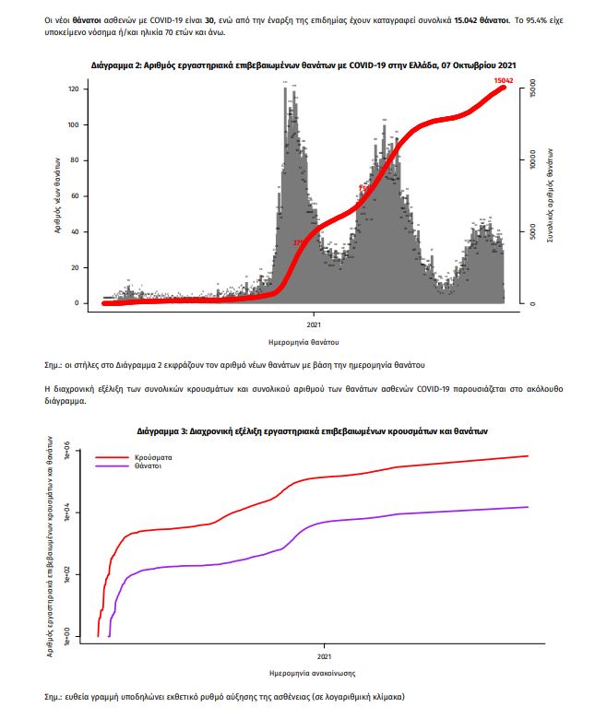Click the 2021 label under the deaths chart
315,324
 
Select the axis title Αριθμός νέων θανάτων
56,195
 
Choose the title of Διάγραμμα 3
313,430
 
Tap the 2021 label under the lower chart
324,657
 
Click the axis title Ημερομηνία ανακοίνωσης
313,673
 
